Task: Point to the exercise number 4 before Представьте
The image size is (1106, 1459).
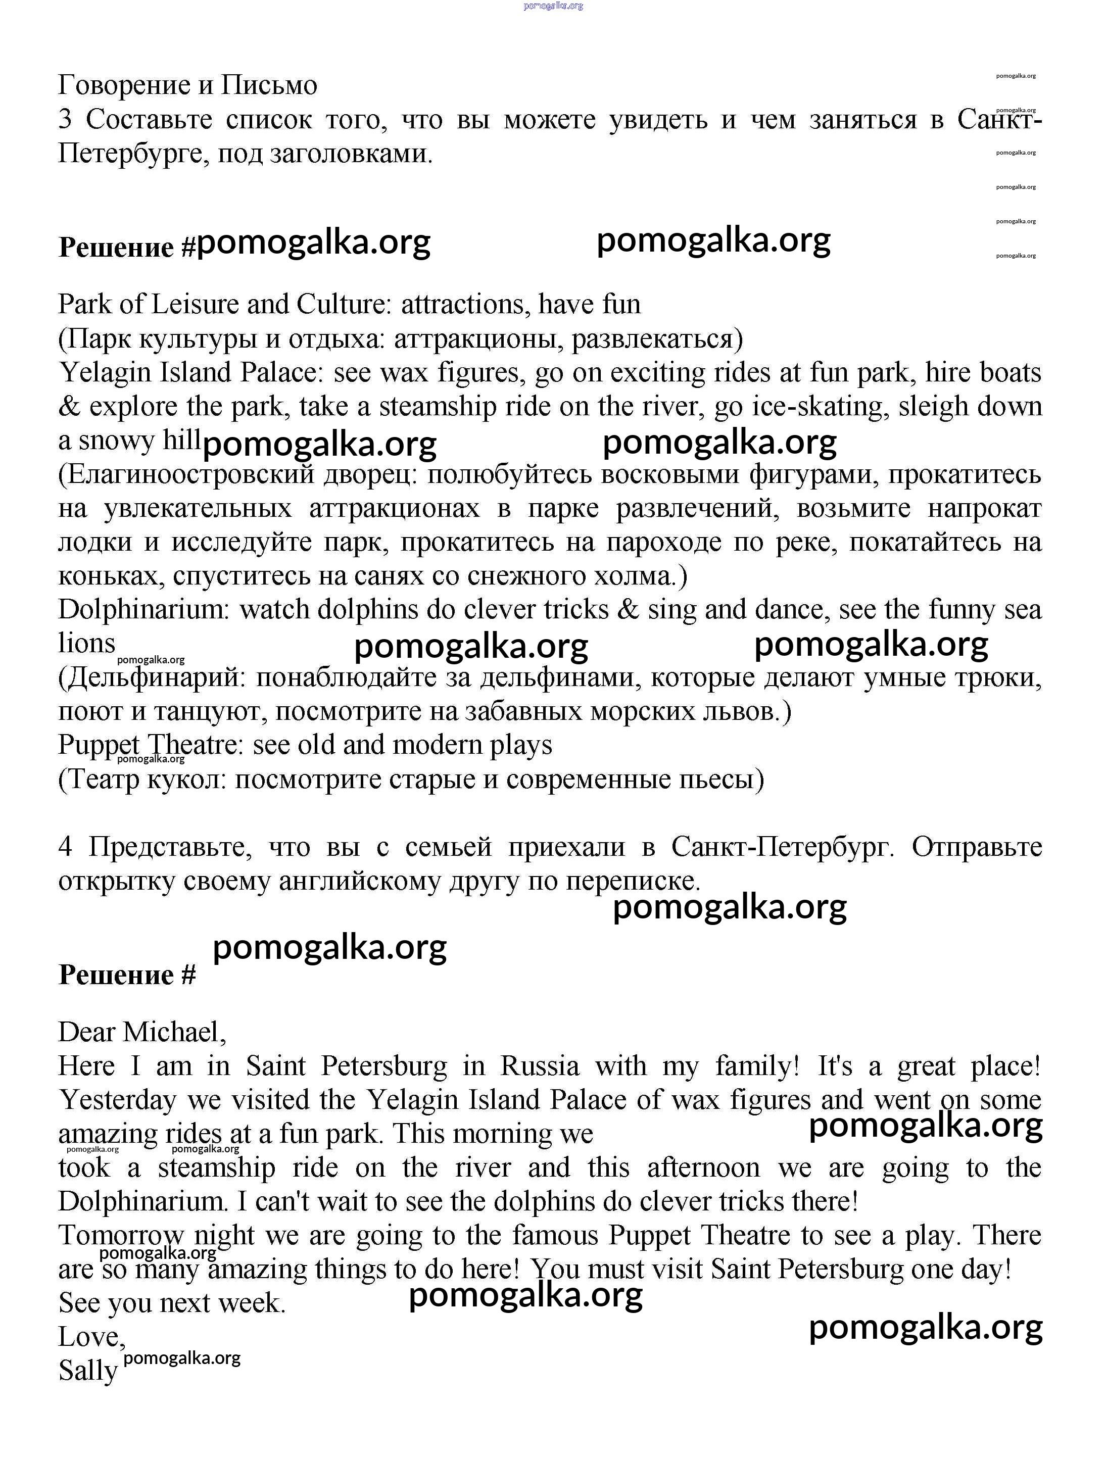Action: (x=65, y=847)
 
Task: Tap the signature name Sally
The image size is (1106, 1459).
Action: (x=88, y=1371)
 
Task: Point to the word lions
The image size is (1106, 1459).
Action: (x=86, y=643)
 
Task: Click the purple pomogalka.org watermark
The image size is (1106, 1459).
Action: (x=553, y=6)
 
